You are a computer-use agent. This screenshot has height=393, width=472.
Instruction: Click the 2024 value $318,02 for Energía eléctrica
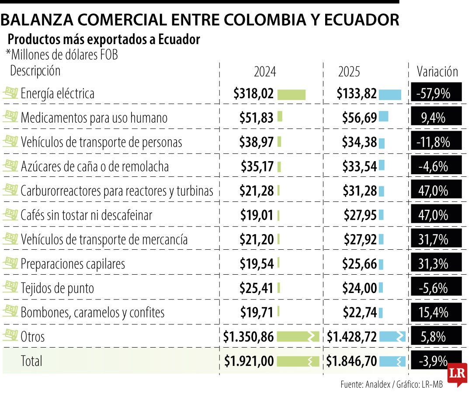pyautogui.click(x=253, y=93)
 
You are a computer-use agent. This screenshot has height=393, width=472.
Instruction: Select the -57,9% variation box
pyautogui.click(x=436, y=93)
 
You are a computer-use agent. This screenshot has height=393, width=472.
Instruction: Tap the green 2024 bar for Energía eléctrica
pyautogui.click(x=291, y=94)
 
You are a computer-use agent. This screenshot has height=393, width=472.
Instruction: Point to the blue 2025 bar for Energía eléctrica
pyautogui.click(x=390, y=94)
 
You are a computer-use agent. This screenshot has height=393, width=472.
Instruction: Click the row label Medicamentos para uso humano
pyautogui.click(x=94, y=118)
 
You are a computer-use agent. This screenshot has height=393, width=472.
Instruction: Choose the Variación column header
pyautogui.click(x=437, y=72)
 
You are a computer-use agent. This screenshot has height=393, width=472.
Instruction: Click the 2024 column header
pyautogui.click(x=265, y=72)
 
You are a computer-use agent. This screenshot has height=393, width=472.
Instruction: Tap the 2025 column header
pyautogui.click(x=349, y=72)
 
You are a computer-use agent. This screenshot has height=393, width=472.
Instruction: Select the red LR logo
pyautogui.click(x=457, y=374)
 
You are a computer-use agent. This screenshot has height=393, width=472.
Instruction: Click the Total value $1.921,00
pyautogui.click(x=249, y=361)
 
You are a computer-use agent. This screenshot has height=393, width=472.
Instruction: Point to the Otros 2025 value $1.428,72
pyautogui.click(x=352, y=337)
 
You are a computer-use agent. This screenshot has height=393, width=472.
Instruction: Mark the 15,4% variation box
pyautogui.click(x=436, y=312)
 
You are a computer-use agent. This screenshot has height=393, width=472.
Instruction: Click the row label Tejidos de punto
pyautogui.click(x=57, y=288)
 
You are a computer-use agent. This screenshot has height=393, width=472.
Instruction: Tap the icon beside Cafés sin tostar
pyautogui.click(x=10, y=214)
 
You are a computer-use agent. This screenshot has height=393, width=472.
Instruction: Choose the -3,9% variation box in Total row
pyautogui.click(x=433, y=361)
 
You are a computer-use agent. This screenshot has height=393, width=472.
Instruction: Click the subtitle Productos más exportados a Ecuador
pyautogui.click(x=104, y=40)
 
